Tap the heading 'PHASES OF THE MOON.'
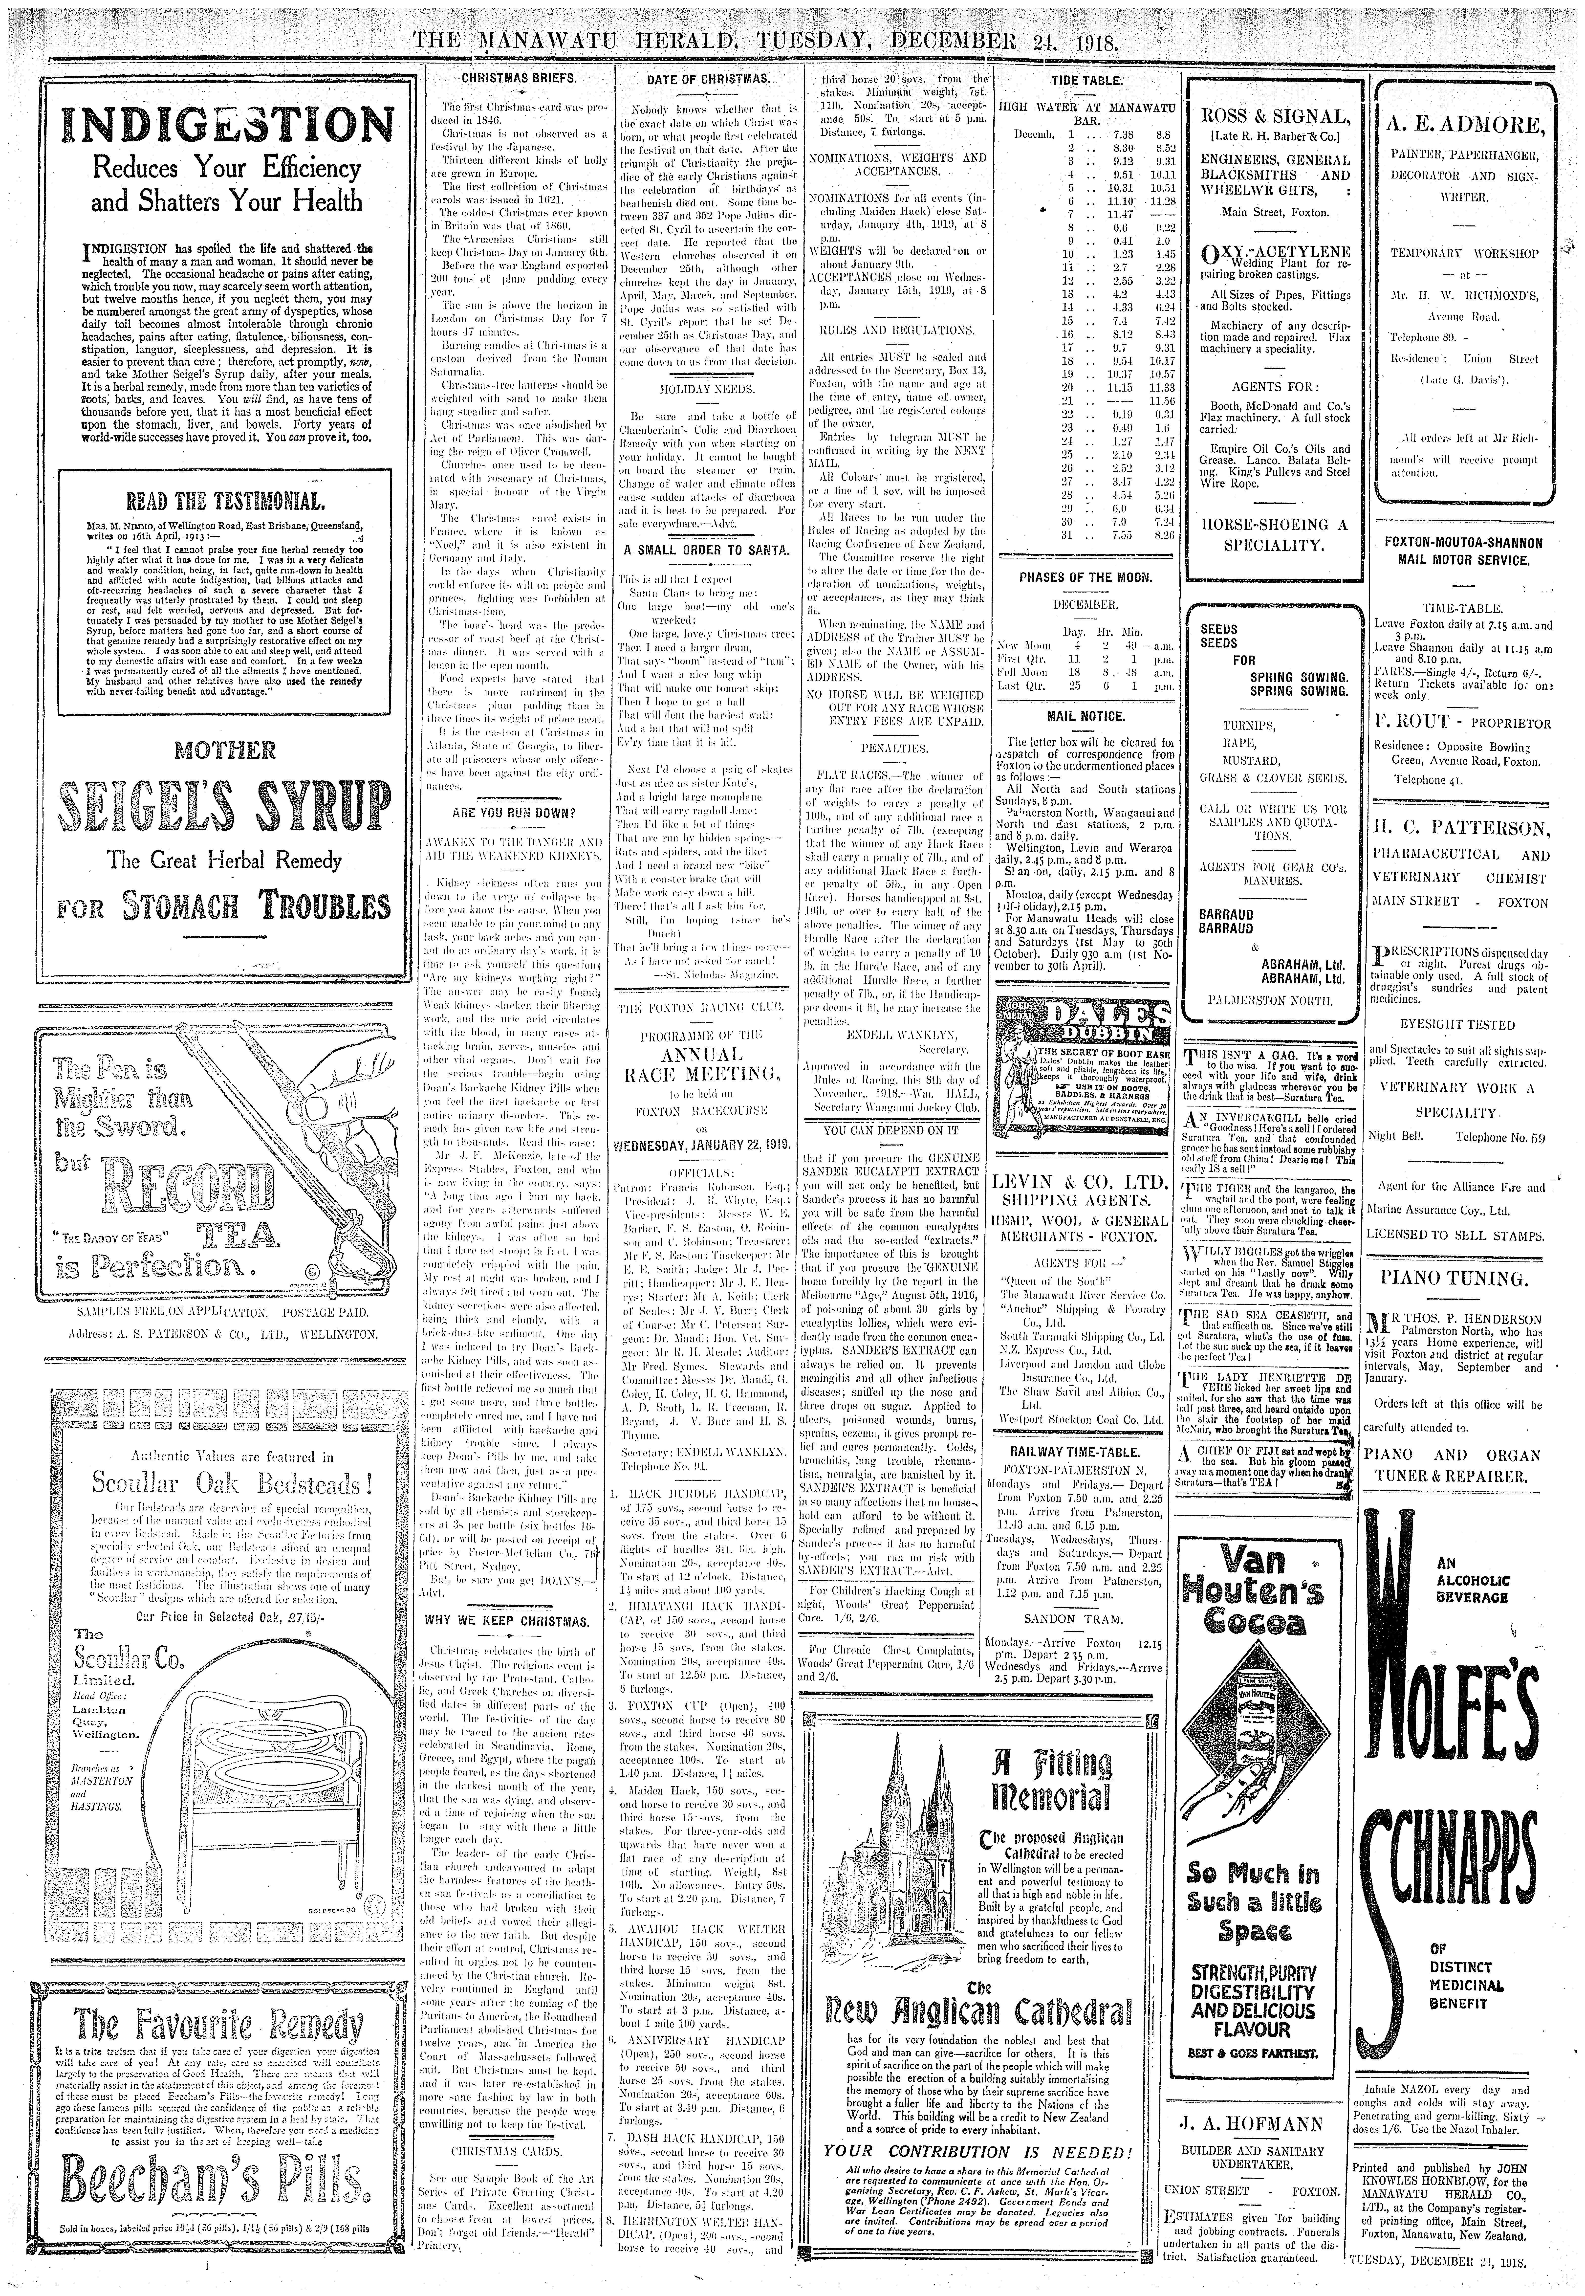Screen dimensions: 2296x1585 [x=1086, y=578]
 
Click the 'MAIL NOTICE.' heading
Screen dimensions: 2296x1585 [x=1086, y=716]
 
